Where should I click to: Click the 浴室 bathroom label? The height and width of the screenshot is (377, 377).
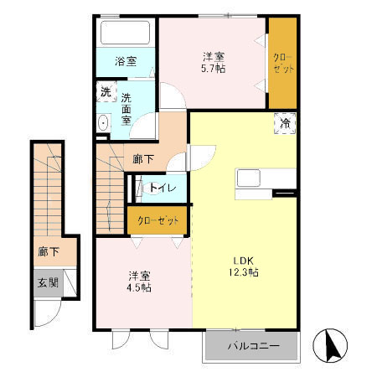pyautogui.click(x=126, y=61)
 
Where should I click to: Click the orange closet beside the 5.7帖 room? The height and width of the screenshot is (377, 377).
pyautogui.click(x=283, y=63)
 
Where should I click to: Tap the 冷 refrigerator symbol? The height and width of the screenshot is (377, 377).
pyautogui.click(x=285, y=124)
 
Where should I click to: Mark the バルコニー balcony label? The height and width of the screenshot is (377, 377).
pyautogui.click(x=251, y=345)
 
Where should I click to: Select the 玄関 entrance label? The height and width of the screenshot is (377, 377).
pyautogui.click(x=48, y=282)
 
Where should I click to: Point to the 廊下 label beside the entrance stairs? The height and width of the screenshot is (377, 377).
pyautogui.click(x=48, y=250)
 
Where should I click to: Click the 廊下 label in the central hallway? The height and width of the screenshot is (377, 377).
pyautogui.click(x=143, y=158)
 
